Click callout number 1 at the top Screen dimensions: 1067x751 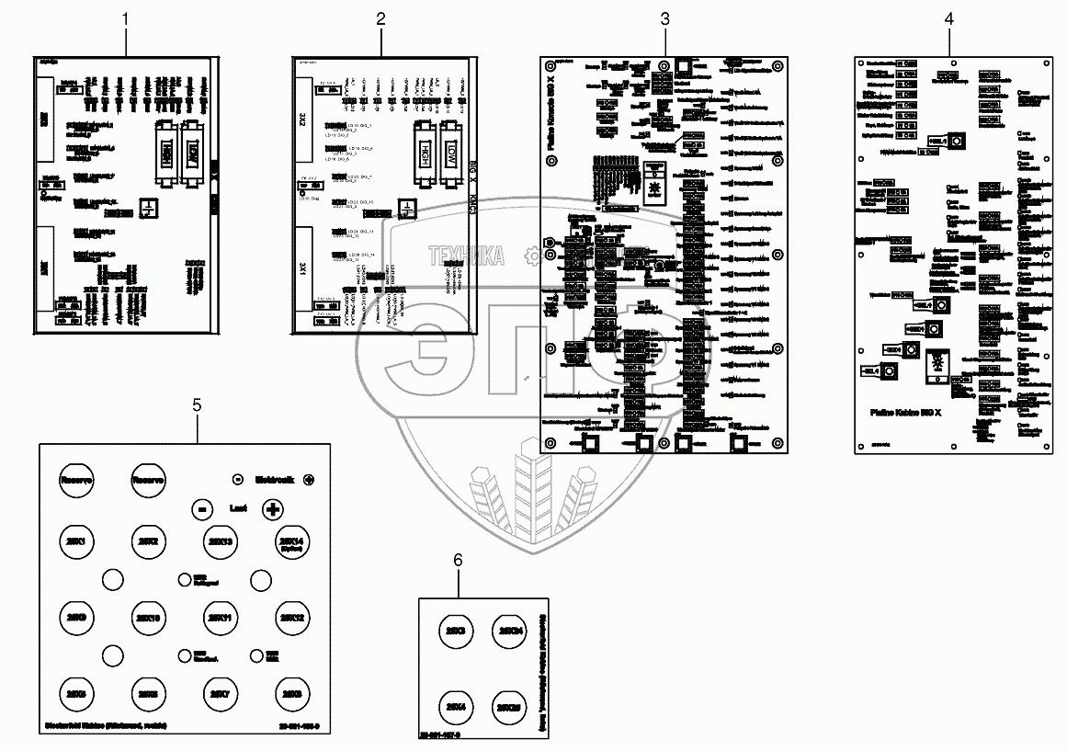126,19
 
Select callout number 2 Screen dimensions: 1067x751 380,19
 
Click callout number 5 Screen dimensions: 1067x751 196,405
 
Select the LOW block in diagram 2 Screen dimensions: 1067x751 451,152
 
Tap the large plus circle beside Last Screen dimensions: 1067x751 272,508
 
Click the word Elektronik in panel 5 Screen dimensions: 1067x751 272,479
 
